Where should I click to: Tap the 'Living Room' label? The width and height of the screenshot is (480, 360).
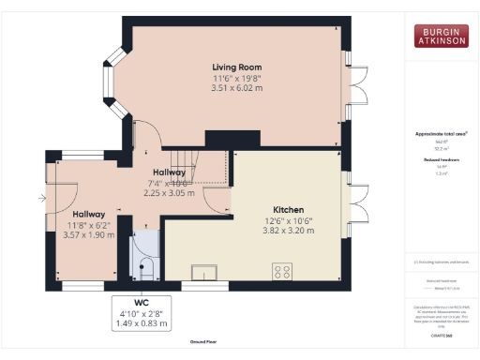click(x=235, y=67)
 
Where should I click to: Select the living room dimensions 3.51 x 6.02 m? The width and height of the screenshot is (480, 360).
click(x=235, y=88)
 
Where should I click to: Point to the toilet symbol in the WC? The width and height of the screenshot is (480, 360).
click(x=145, y=271)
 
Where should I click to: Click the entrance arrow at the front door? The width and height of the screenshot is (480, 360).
click(x=40, y=198)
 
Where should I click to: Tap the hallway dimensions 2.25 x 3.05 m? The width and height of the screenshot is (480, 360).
click(x=169, y=193)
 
